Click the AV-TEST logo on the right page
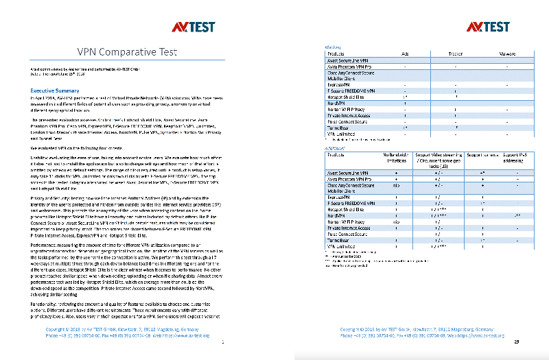pyautogui.click(x=489, y=27)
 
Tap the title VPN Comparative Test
pyautogui.click(x=128, y=52)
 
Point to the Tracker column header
pyautogui.click(x=456, y=53)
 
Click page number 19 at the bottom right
pyautogui.click(x=516, y=341)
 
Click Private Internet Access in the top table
pyautogui.click(x=350, y=115)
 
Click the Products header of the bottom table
pyautogui.click(x=338, y=156)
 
